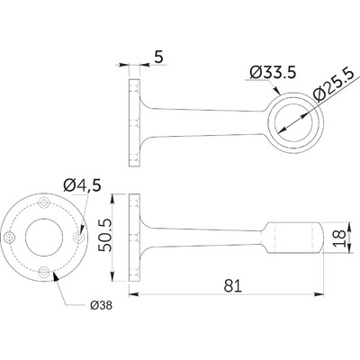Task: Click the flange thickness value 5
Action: [157, 57]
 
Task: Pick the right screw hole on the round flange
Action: [77, 237]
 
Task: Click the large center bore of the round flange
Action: [44, 237]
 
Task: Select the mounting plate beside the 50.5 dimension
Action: [134, 236]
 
